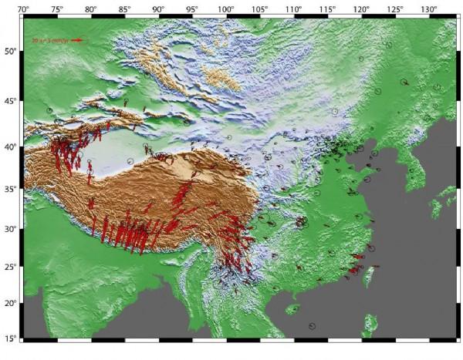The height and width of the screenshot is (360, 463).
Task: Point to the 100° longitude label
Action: point(226,8)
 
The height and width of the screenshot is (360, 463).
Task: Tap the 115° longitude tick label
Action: point(327,8)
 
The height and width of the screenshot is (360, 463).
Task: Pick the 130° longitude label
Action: point(428,8)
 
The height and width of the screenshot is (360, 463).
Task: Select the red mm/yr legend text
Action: point(51,39)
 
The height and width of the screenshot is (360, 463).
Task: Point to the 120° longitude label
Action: point(361,8)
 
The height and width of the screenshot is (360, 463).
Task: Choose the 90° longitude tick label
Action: point(159,8)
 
